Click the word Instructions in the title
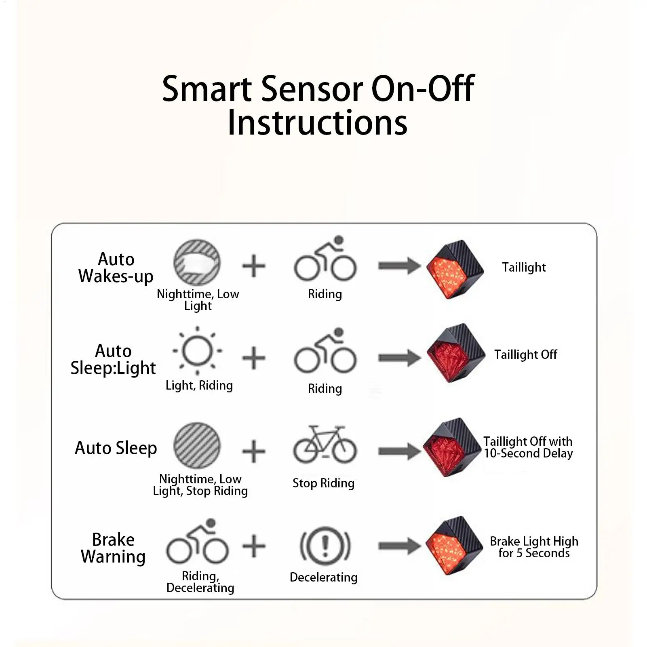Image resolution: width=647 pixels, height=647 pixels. click(318, 122)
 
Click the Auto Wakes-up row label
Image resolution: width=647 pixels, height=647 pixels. click(116, 268)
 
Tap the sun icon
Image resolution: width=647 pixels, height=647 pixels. click(197, 351)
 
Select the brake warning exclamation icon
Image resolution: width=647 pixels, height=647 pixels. click(325, 546)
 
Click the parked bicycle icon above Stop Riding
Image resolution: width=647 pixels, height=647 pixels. click(325, 445)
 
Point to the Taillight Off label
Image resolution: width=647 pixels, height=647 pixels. click(525, 354)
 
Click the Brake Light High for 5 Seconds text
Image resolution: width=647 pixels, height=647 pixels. click(534, 547)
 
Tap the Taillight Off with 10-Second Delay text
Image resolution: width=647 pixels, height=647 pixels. click(528, 447)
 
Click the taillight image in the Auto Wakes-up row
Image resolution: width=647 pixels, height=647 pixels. click(455, 270)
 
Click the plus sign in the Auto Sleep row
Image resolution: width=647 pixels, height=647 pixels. click(253, 451)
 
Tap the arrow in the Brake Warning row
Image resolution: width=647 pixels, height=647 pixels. click(399, 546)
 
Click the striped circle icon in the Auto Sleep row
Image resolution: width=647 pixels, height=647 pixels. click(197, 445)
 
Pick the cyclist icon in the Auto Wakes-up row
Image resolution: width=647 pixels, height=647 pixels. click(325, 260)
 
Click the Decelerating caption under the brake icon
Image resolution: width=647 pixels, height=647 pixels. click(323, 577)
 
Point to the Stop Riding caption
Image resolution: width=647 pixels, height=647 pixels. click(323, 483)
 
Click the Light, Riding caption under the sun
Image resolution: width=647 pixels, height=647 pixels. click(199, 386)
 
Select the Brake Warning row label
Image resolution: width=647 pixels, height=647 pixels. click(113, 548)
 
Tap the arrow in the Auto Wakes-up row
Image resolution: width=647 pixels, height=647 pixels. click(399, 266)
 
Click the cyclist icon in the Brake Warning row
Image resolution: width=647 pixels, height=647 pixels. click(197, 543)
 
